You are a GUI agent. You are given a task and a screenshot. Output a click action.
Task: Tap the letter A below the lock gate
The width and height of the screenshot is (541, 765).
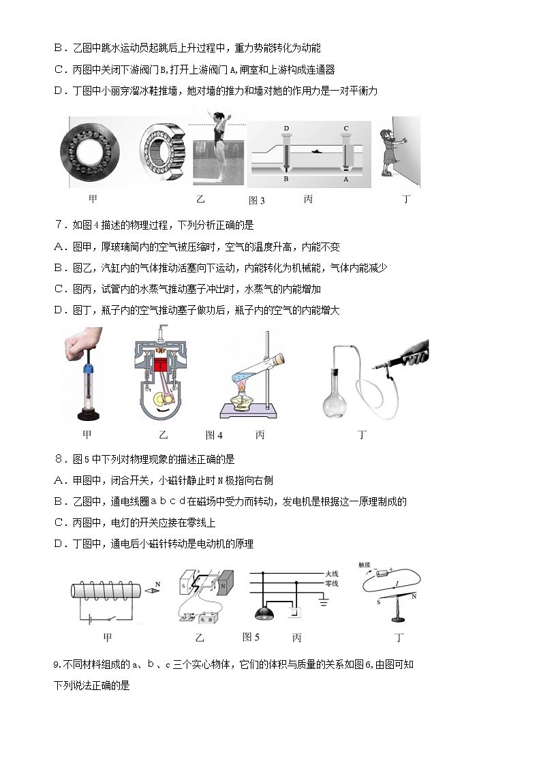pos(345,180)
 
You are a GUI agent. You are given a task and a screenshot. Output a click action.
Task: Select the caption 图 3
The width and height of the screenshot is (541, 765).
pos(256,200)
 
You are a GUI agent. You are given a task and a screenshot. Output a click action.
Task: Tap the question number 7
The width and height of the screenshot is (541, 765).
pos(58,225)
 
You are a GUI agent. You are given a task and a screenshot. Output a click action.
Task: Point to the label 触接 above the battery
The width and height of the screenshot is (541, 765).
pos(365,565)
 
